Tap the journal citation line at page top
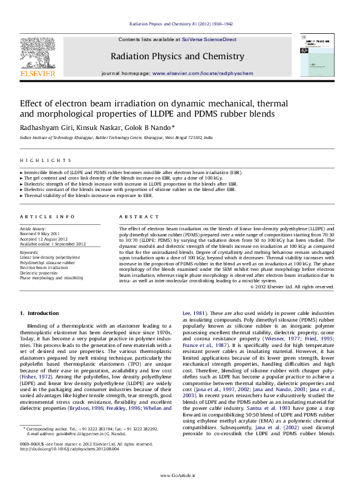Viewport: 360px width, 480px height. tap(180, 24)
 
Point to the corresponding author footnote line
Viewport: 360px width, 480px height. tap(91, 443)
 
